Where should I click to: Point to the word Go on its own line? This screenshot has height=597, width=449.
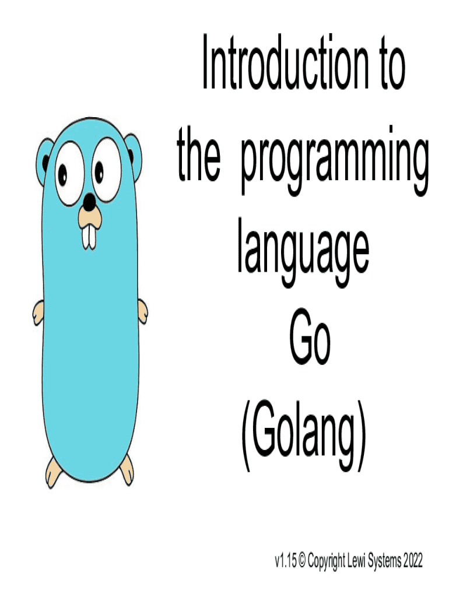310,340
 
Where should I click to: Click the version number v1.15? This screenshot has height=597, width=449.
285,561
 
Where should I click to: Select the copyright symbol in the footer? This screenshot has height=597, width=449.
302,561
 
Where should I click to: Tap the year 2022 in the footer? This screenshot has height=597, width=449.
413,561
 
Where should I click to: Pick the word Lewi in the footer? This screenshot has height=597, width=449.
357,561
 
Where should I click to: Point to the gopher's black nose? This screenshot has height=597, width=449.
89,202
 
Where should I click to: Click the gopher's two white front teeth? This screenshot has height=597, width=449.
89,238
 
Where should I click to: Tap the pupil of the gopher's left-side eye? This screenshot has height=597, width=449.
62,174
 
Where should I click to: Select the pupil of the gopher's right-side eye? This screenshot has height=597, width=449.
99,172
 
